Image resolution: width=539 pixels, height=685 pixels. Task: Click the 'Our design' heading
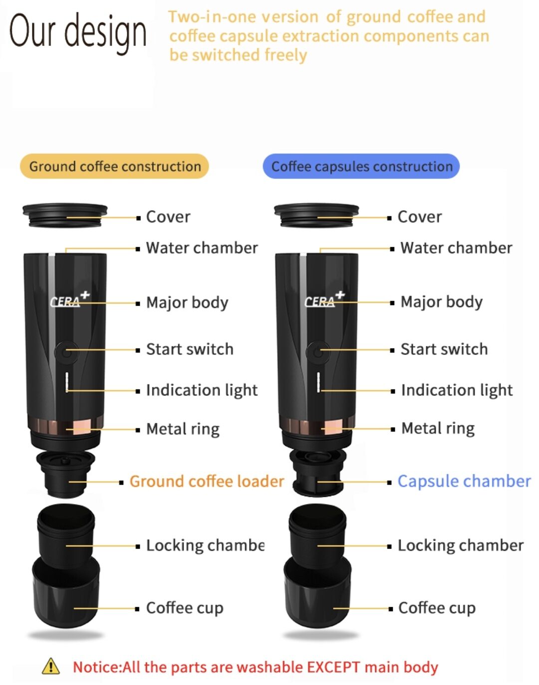(78, 32)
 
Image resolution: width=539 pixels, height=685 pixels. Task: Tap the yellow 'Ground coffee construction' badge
(114, 166)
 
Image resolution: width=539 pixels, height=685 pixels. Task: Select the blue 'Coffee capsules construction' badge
(361, 166)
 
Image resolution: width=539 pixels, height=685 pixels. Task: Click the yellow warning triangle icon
(50, 666)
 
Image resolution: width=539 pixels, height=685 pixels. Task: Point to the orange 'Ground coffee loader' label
(207, 481)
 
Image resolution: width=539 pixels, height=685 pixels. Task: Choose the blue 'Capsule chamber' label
(464, 481)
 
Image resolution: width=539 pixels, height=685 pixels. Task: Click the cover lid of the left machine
(65, 215)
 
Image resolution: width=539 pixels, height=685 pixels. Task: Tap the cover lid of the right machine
(316, 215)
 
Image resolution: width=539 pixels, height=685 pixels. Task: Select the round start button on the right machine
(318, 352)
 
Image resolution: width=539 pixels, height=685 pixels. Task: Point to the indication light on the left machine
(67, 382)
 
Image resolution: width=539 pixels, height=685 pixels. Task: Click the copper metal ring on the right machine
(317, 425)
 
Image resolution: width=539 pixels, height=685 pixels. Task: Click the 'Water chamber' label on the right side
(456, 248)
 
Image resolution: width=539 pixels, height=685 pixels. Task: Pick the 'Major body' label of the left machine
(187, 303)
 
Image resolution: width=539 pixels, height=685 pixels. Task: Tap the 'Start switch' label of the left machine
(190, 349)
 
